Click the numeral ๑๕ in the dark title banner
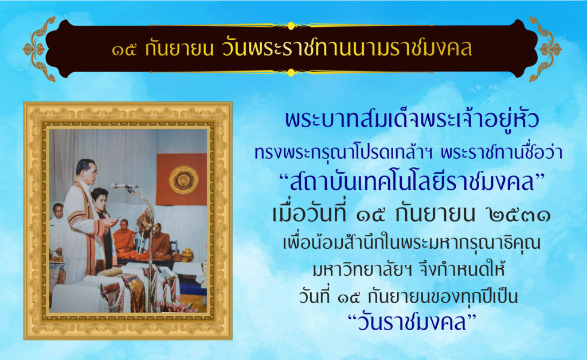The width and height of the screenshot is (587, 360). point(124,49)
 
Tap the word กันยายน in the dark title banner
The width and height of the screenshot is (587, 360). point(179,49)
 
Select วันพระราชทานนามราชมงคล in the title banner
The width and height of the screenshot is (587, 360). point(347,49)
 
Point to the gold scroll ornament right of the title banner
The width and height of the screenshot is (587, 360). point(545,49)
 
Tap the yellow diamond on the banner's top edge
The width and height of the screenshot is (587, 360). point(291,25)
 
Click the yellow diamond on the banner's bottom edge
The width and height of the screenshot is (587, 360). point(291,73)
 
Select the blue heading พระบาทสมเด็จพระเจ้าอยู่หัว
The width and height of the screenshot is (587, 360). point(412,120)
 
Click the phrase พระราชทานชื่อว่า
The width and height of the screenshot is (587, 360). point(502,153)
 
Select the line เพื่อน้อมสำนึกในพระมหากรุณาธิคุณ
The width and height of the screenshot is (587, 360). point(412,243)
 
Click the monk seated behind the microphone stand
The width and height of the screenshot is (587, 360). point(161,242)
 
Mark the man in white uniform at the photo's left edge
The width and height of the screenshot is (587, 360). point(57,228)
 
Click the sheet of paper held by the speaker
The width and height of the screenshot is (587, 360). point(124,216)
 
